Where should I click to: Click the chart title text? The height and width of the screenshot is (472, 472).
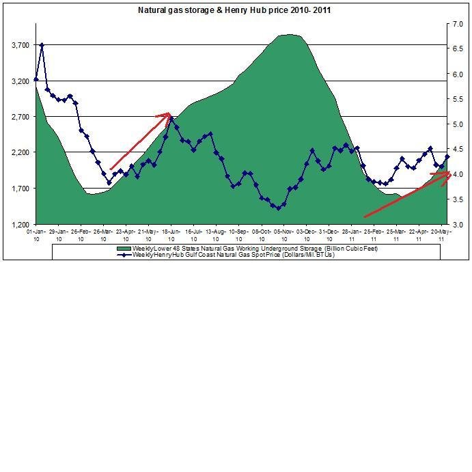click(x=235, y=10)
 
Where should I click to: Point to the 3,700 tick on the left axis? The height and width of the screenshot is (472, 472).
click(x=20, y=45)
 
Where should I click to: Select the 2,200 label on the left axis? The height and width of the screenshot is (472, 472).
click(x=20, y=152)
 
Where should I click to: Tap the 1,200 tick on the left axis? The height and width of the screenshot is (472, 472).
click(x=20, y=224)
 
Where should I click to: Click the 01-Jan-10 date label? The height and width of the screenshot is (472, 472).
click(x=36, y=235)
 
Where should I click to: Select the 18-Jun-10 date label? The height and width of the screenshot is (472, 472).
click(x=171, y=235)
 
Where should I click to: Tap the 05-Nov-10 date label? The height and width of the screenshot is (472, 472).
click(x=283, y=235)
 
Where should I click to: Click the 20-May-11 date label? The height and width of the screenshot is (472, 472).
click(x=441, y=235)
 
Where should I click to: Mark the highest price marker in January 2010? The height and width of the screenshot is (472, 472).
click(x=42, y=45)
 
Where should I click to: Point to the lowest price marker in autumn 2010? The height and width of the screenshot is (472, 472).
click(x=278, y=208)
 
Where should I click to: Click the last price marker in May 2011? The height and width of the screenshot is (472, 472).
click(x=447, y=157)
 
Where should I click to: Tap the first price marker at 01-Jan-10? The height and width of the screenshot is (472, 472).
click(x=36, y=80)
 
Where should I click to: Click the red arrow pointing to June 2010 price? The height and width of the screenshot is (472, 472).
click(x=140, y=141)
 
